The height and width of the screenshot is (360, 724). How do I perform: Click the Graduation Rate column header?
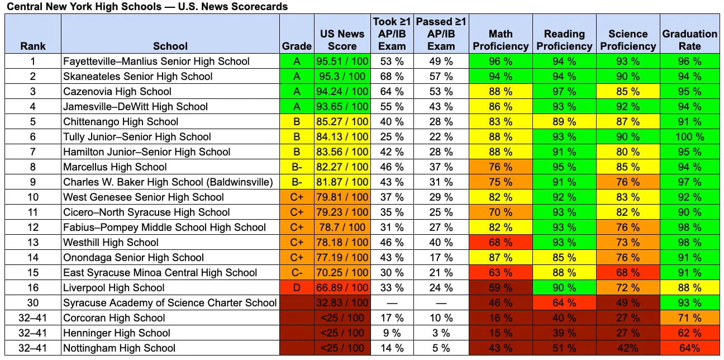point(690,40)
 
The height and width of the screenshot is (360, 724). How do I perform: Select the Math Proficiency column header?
point(501,40)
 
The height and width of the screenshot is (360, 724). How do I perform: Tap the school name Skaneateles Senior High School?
point(137,77)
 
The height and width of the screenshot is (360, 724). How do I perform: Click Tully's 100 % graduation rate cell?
point(690,136)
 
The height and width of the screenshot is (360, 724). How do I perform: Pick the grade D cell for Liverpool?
point(297,287)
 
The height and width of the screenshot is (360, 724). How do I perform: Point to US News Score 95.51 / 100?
point(342,61)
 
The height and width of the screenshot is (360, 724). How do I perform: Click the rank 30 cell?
point(32,303)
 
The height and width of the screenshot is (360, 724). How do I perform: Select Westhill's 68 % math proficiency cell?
point(501,242)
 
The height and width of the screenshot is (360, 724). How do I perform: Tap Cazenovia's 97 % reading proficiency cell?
point(564,91)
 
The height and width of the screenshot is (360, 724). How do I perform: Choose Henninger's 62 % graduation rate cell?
point(690,333)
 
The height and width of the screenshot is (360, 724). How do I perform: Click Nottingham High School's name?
point(119,348)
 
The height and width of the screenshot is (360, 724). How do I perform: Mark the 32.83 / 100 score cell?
point(342,303)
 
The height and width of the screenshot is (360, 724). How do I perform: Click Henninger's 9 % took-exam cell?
point(392,333)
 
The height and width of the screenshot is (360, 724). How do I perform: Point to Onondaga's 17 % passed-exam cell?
point(441,258)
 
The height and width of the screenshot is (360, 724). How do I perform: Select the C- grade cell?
point(297,272)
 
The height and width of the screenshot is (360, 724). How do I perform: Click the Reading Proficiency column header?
point(564,40)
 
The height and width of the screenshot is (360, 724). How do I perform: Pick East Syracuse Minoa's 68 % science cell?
point(628,272)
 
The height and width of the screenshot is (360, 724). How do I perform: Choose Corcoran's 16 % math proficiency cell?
point(501,318)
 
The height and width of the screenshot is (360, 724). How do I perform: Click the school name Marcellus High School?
point(115,167)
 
